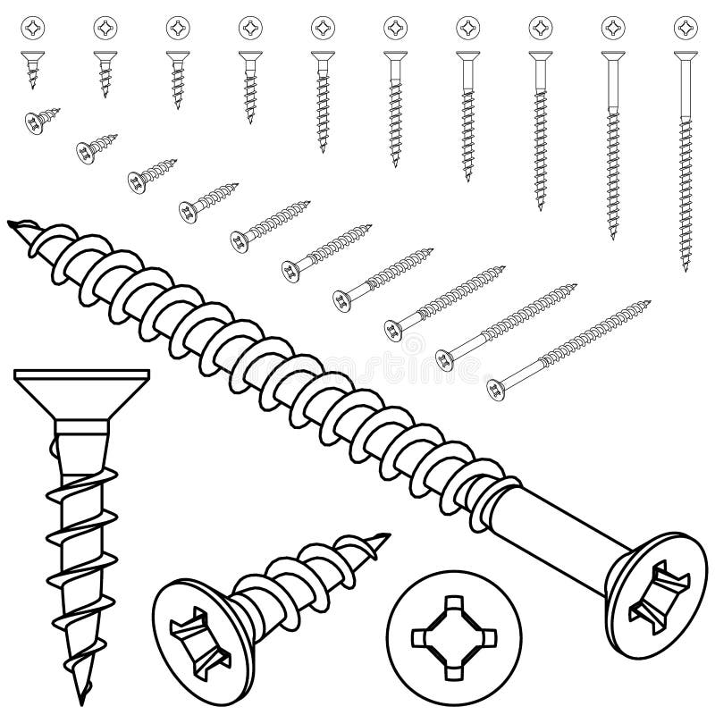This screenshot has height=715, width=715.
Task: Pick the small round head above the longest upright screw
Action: click(x=685, y=29)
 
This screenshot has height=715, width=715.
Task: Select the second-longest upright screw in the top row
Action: click(x=612, y=143)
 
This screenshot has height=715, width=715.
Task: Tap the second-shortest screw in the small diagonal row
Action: click(x=94, y=147)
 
